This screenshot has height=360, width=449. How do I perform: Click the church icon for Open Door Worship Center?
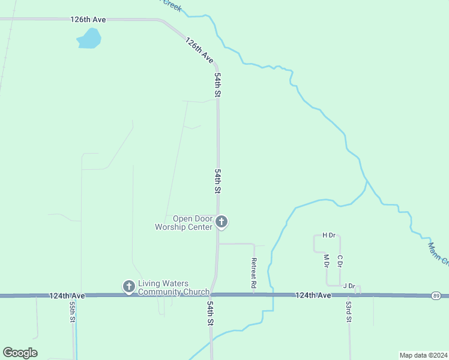pyautogui.click(x=221, y=223)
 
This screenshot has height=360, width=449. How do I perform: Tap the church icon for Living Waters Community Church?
pyautogui.click(x=128, y=287)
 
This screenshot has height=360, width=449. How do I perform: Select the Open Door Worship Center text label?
pyautogui.click(x=184, y=223)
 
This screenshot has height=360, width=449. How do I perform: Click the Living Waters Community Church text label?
pyautogui.click(x=173, y=288)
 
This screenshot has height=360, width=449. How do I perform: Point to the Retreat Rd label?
pyautogui.click(x=254, y=274)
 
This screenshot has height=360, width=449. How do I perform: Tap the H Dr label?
pyautogui.click(x=328, y=235)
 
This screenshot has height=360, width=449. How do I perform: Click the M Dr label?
pyautogui.click(x=327, y=261)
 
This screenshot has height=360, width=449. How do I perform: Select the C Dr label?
pyautogui.click(x=340, y=261)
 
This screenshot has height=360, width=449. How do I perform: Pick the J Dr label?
pyautogui.click(x=349, y=286)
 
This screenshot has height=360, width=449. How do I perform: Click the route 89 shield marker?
pyautogui.click(x=436, y=296)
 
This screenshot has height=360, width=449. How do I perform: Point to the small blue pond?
pyautogui.click(x=89, y=40)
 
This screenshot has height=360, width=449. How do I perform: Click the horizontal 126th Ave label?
pyautogui.click(x=88, y=20)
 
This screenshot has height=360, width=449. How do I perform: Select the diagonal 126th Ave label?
pyautogui.click(x=199, y=51)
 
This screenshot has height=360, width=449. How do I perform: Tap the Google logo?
pyautogui.click(x=20, y=353)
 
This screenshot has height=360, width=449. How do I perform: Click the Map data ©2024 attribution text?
pyautogui.click(x=423, y=355)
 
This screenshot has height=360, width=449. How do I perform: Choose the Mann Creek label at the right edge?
pyautogui.click(x=438, y=252)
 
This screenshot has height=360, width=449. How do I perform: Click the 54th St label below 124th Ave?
pyautogui.click(x=211, y=313)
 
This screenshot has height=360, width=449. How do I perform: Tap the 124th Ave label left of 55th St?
pyautogui.click(x=67, y=296)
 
